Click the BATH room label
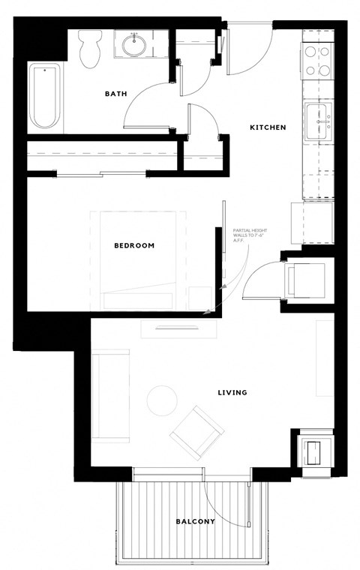point(115,94)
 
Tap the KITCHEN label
point(268,127)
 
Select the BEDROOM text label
point(134,245)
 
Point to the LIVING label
point(232,392)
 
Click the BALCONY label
point(196,521)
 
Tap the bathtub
point(45,97)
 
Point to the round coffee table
point(161,400)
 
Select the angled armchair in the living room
point(196,433)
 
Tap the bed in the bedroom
point(139,259)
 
